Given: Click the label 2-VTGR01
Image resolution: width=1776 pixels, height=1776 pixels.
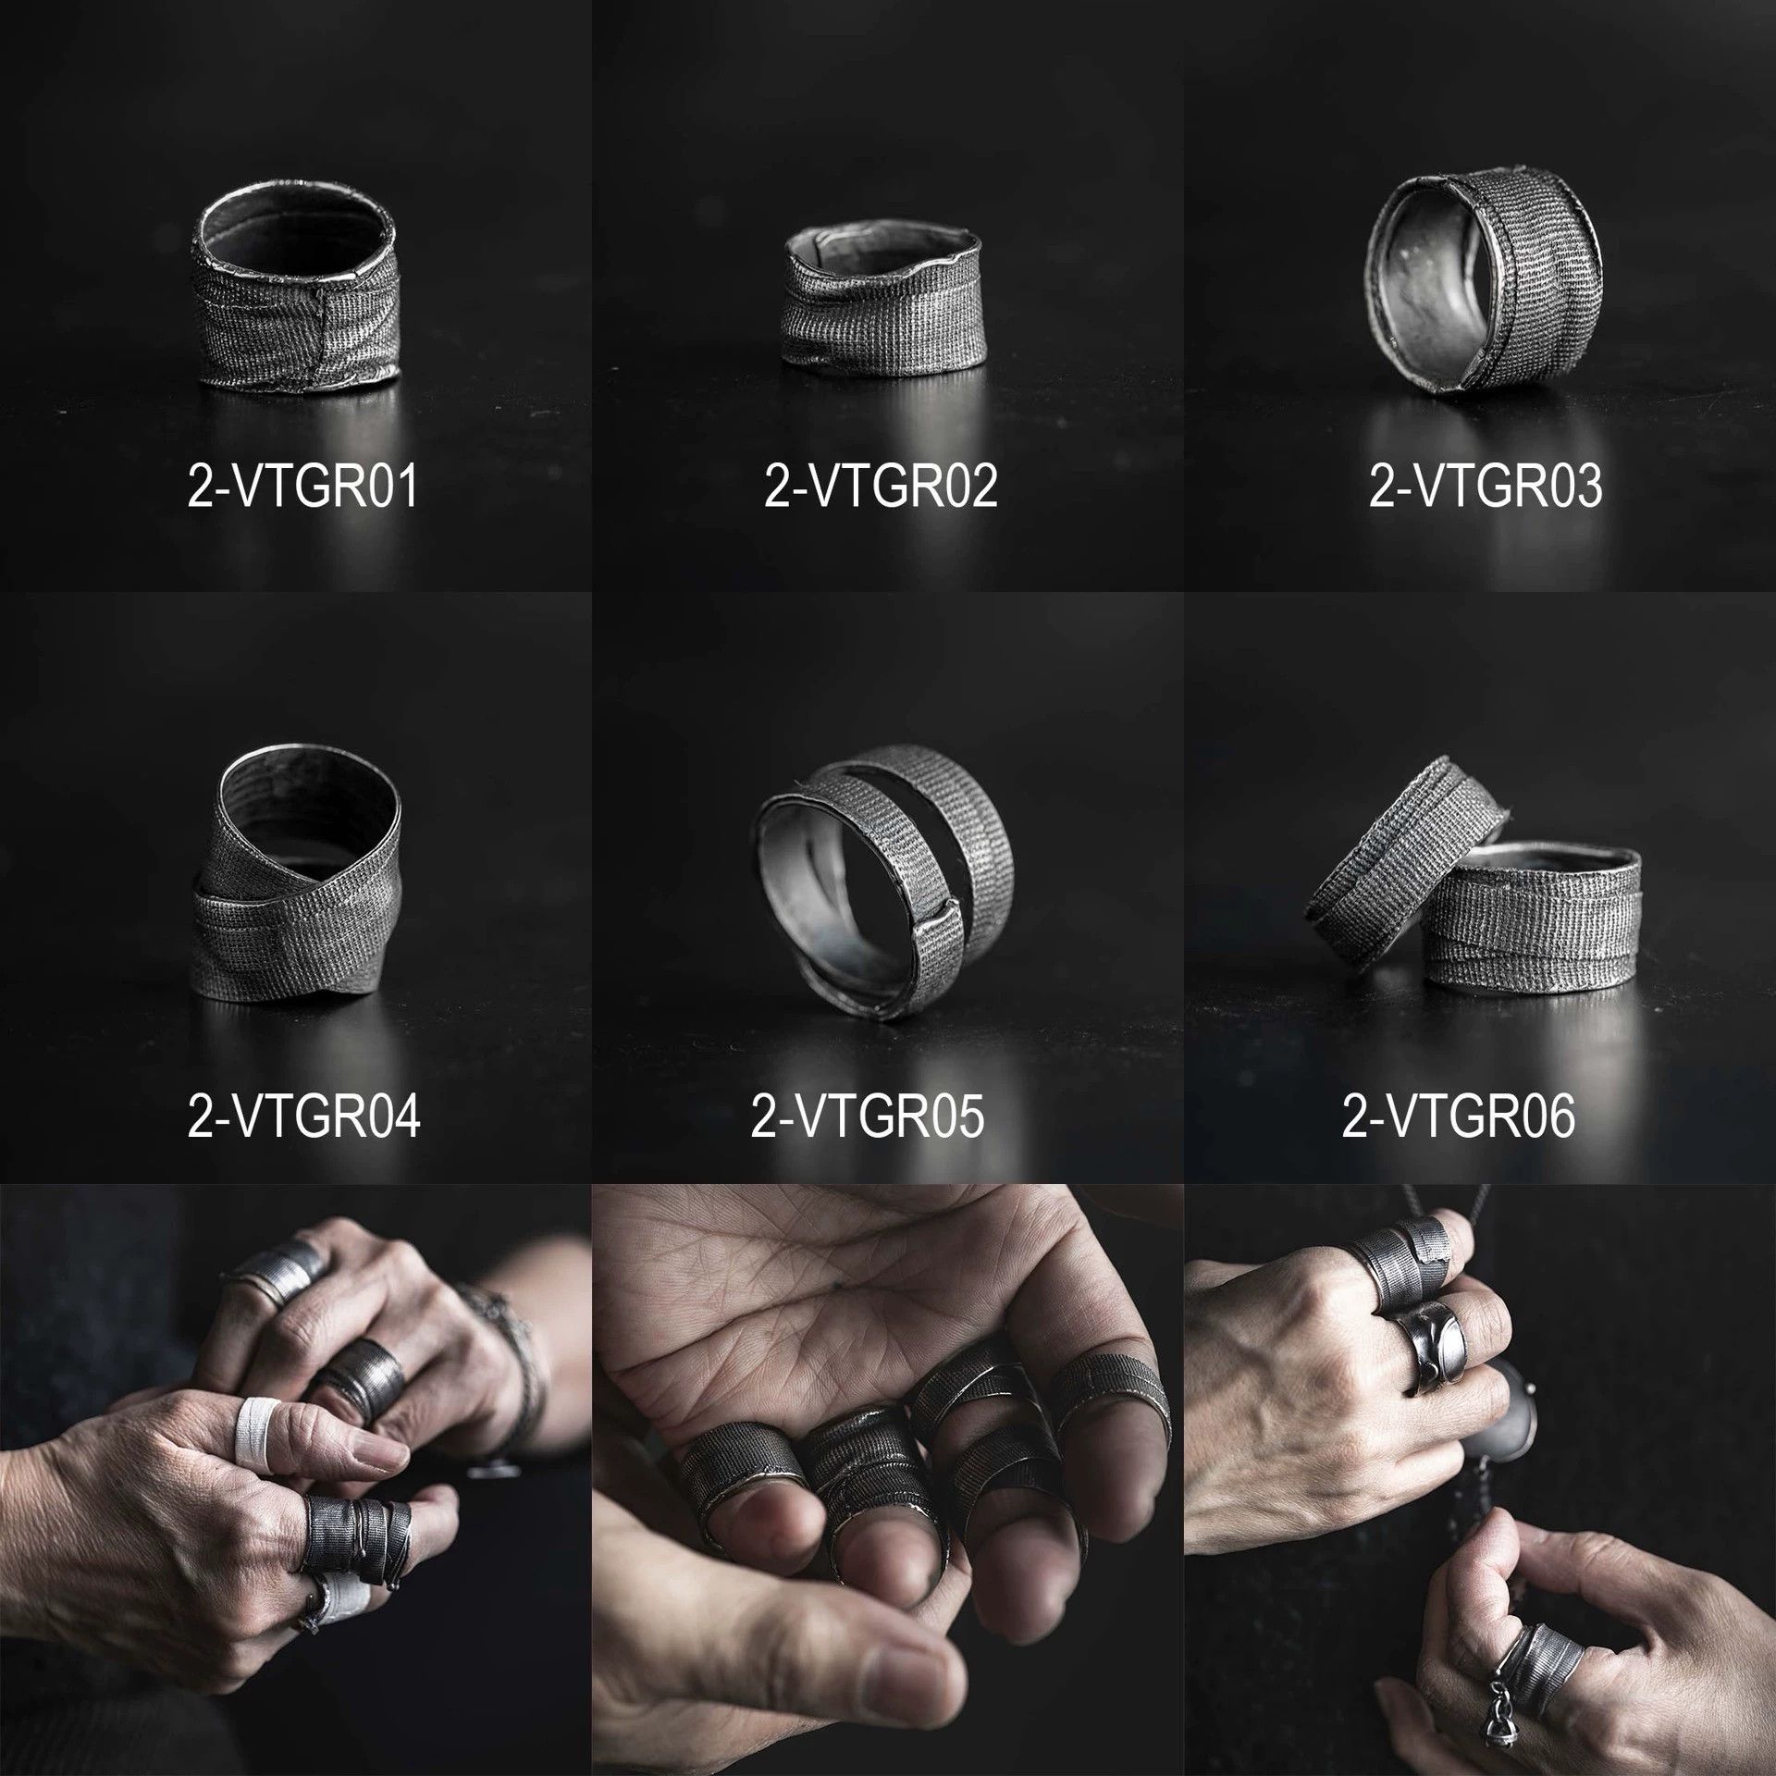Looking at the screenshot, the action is point(303,487).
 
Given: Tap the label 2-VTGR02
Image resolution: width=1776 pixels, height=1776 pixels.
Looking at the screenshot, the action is point(881,487).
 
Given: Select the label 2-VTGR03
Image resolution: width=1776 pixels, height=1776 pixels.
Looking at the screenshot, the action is point(1486,487).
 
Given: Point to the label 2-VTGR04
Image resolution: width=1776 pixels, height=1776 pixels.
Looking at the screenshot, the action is point(303,1116).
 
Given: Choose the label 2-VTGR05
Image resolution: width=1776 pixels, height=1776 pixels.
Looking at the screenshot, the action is point(868,1116).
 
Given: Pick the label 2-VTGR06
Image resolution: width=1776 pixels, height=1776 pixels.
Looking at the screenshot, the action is point(1458,1116).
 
